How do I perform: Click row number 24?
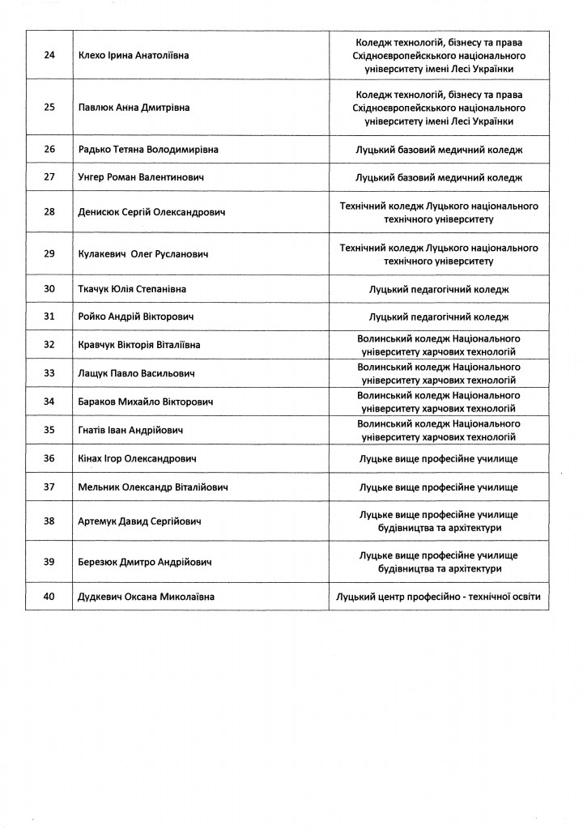tap(49, 56)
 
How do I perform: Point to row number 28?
tap(49, 212)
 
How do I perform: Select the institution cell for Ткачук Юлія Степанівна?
tap(439, 289)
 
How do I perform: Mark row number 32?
tap(49, 345)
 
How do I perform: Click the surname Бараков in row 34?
tap(98, 402)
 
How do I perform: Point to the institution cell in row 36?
tap(439, 459)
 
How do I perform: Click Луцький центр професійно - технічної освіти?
tap(439, 597)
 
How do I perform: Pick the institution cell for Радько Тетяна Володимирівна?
tap(439, 150)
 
